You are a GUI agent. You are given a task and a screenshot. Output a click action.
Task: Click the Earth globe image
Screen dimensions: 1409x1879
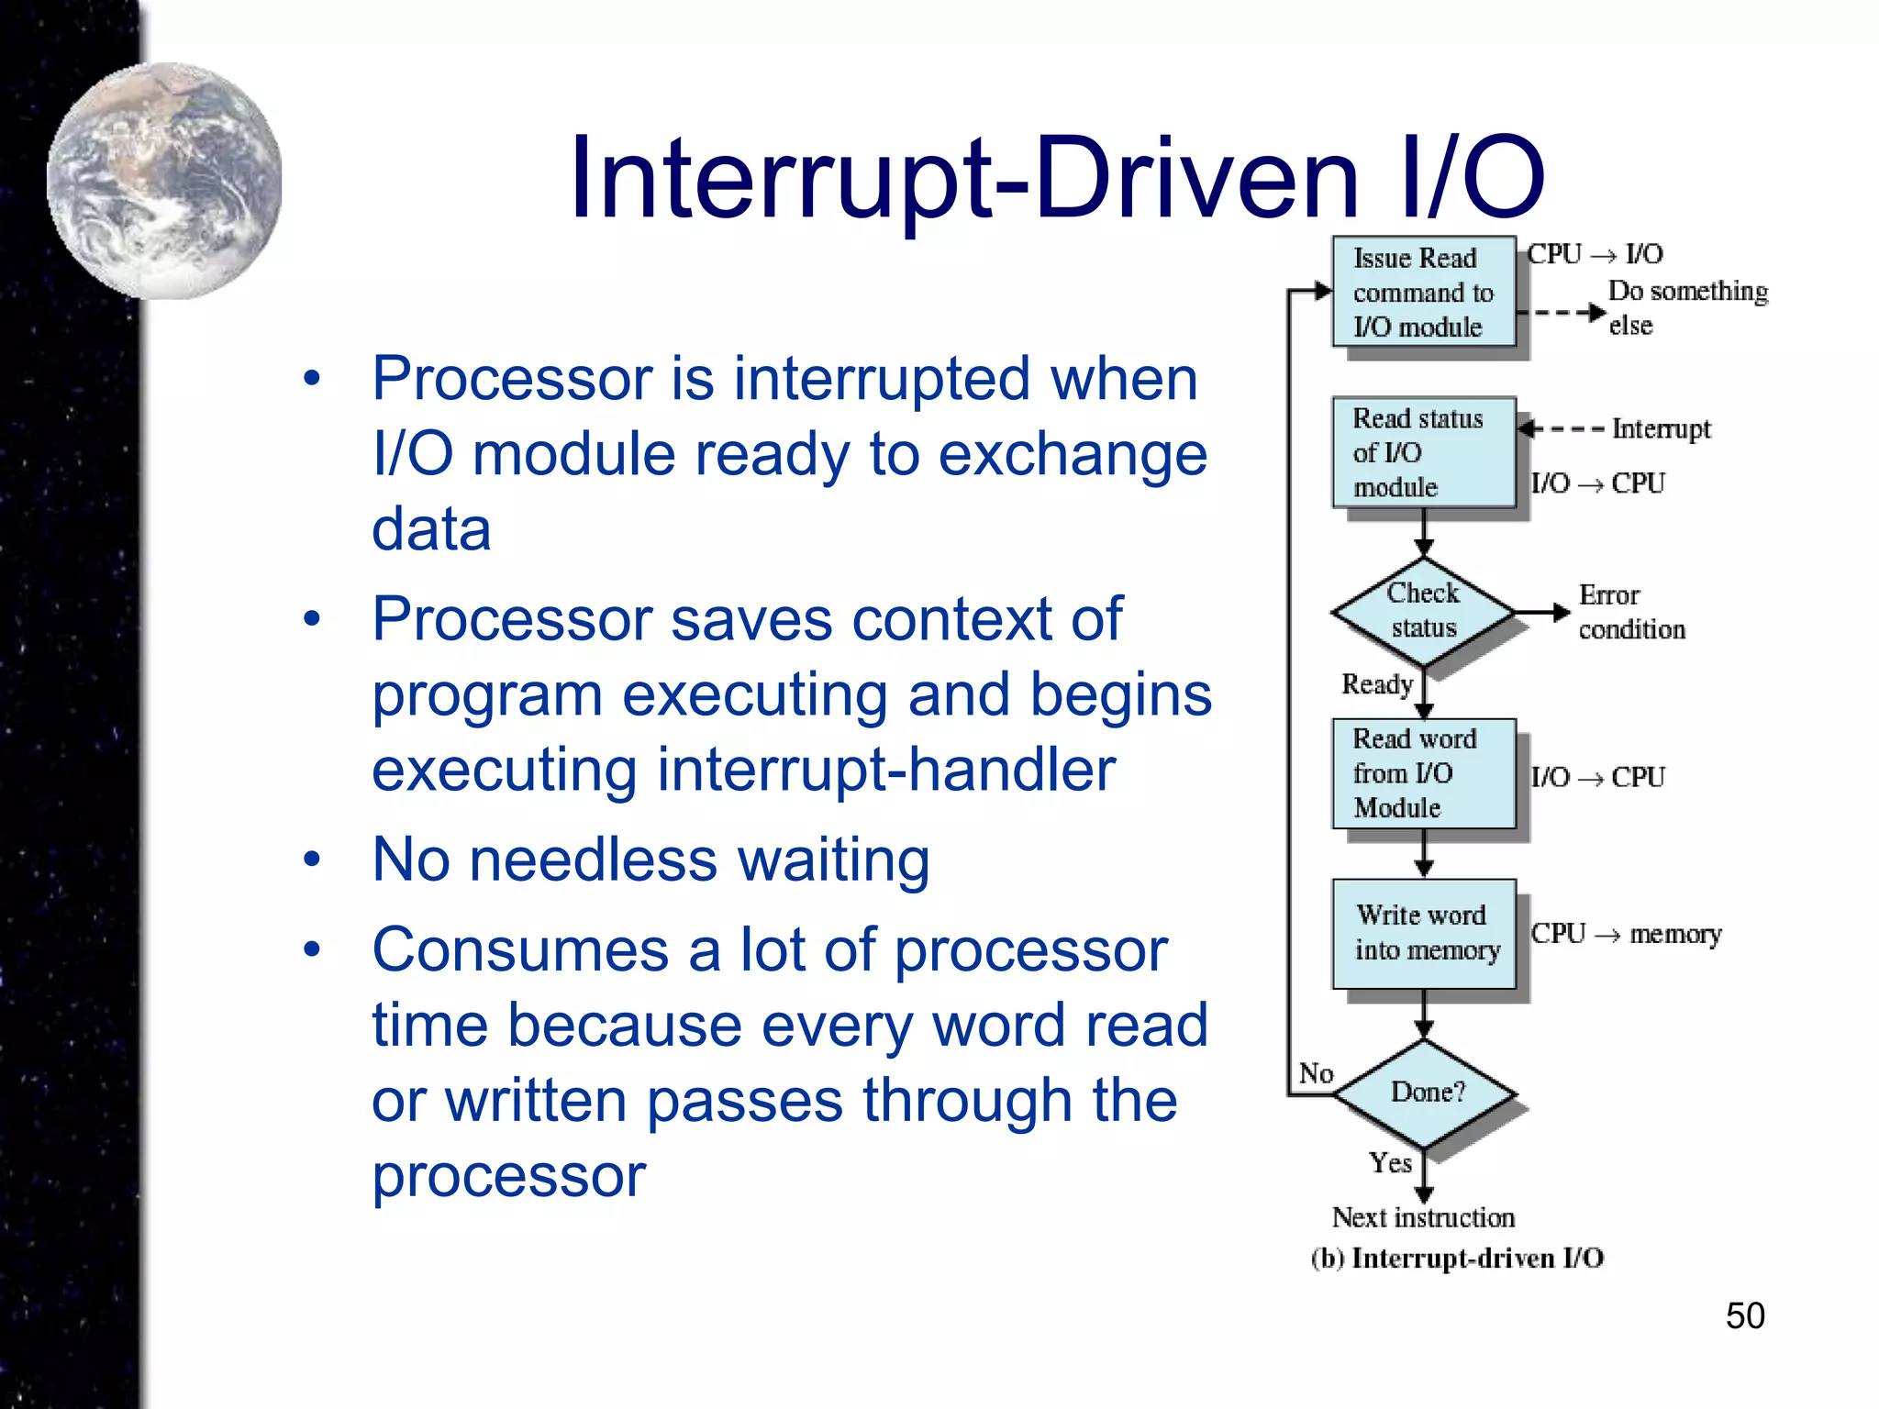165,181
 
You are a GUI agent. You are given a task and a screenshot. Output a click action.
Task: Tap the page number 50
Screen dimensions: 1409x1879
1744,1315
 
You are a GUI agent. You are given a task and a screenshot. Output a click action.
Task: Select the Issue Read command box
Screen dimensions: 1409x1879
1423,292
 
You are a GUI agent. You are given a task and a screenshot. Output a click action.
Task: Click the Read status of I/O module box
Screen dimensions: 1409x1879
1423,452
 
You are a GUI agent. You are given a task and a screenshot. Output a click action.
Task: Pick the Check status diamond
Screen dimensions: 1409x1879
1423,611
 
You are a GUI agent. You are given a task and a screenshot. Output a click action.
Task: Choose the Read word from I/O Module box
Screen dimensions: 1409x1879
1423,773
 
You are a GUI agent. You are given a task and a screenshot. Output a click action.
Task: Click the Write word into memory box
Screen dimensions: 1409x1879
1423,933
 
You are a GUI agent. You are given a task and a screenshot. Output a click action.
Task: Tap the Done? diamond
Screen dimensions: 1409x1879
1425,1093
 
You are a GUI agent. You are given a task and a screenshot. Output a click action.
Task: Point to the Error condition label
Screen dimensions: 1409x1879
1630,612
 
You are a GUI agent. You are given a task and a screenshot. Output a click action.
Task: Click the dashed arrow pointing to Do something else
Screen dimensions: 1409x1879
1562,312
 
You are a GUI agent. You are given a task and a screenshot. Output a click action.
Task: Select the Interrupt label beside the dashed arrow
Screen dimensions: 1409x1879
1661,428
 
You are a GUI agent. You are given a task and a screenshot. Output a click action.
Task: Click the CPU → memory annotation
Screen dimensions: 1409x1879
1626,934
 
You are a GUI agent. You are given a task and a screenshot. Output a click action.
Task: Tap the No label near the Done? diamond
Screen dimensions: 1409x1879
1316,1073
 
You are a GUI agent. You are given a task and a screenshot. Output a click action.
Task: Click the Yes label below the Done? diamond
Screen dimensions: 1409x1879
1390,1162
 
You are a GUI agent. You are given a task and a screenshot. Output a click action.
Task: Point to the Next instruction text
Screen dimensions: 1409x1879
1423,1217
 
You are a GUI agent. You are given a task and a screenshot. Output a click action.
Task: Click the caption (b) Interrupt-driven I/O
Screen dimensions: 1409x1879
1457,1258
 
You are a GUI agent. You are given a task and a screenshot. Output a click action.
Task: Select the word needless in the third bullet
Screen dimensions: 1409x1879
593,860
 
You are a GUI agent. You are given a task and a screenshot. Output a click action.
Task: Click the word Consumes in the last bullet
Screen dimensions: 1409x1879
520,950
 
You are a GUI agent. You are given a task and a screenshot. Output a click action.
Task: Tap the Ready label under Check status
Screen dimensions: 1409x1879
1376,684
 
